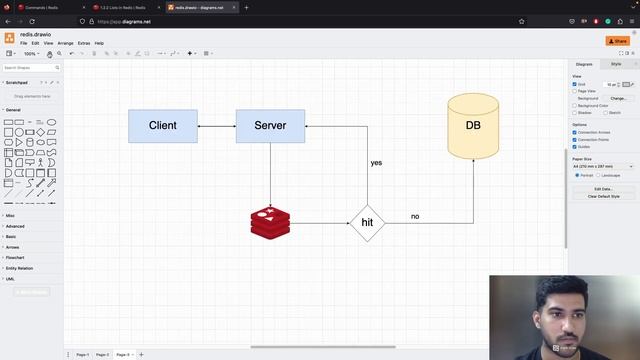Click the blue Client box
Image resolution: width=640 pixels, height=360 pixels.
click(162, 126)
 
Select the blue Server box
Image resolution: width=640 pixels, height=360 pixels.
click(270, 126)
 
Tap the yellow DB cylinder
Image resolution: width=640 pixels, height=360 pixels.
click(473, 126)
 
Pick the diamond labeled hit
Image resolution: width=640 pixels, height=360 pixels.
click(367, 222)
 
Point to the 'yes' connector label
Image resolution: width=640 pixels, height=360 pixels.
click(376, 162)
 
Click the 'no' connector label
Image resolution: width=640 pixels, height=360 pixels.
click(415, 216)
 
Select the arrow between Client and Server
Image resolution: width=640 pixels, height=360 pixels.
click(216, 126)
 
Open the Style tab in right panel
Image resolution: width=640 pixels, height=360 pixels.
click(616, 64)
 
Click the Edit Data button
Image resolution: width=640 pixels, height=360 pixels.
click(603, 188)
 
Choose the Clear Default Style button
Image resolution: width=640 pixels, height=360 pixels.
click(603, 196)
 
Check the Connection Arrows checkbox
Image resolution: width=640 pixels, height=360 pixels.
click(575, 132)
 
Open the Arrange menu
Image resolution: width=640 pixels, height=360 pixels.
click(65, 43)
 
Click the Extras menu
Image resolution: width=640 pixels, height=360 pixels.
click(84, 43)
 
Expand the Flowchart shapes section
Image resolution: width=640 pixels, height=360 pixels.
click(15, 257)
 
